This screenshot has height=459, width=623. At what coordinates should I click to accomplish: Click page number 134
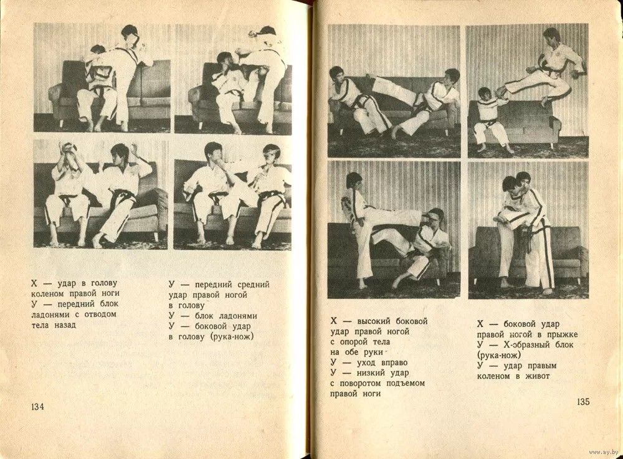click(x=37, y=407)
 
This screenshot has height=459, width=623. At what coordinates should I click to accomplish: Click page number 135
click(x=583, y=402)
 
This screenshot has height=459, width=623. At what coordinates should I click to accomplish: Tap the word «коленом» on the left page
click(x=47, y=294)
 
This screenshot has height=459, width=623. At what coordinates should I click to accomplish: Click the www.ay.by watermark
click(x=604, y=453)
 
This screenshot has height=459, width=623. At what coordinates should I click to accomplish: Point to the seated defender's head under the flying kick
click(x=485, y=95)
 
